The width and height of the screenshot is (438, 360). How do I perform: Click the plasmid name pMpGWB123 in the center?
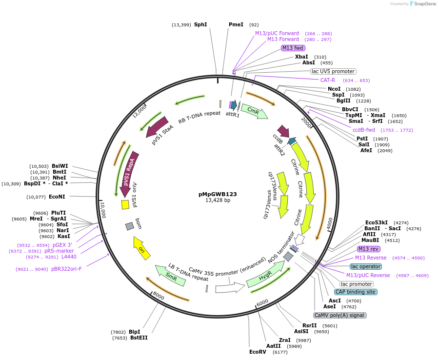click(218, 194)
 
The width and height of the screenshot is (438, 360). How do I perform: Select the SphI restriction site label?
click(200, 24)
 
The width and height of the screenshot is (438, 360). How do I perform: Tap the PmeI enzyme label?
click(236, 24)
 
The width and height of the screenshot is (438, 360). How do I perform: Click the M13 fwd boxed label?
click(293, 48)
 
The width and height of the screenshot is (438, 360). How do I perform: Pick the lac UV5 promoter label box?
click(333, 71)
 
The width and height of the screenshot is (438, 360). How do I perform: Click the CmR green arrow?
click(254, 111)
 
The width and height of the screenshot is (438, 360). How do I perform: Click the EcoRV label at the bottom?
click(258, 352)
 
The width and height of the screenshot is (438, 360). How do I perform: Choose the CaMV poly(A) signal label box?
click(340, 315)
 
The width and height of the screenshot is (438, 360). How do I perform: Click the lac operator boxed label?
click(366, 266)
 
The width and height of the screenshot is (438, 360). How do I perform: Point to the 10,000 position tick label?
click(102, 210)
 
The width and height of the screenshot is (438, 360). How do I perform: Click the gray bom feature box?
click(129, 226)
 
